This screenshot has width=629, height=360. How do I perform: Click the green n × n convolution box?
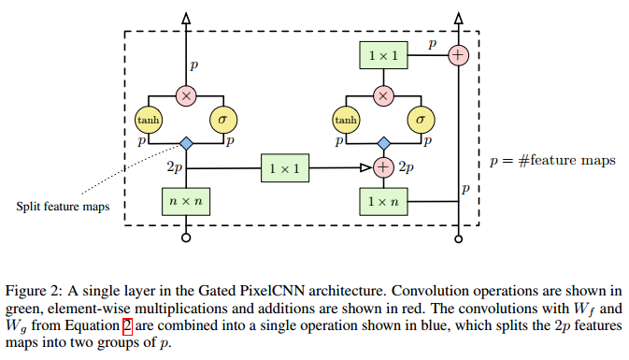(x=186, y=199)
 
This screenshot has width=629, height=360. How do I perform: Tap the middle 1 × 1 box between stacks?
(x=284, y=168)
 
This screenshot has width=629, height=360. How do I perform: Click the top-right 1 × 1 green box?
(x=382, y=55)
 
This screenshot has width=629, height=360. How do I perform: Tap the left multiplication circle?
(x=186, y=94)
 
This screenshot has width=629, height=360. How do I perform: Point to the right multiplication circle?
(x=382, y=94)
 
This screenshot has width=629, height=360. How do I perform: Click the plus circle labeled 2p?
(x=382, y=168)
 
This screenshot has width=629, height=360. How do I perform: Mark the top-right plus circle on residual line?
(x=457, y=55)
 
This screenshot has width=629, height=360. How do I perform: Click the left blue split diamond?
(x=186, y=143)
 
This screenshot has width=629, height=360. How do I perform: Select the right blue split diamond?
(x=382, y=143)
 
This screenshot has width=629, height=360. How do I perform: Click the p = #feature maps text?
(x=552, y=161)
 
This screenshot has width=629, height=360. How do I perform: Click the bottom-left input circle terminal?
(x=186, y=239)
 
